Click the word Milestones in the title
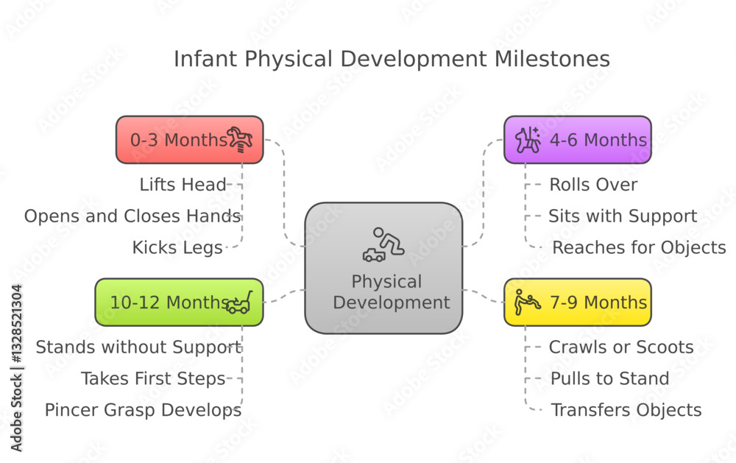click(x=552, y=59)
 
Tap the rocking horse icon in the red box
click(x=240, y=140)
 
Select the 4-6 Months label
click(x=598, y=140)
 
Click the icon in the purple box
click(x=528, y=140)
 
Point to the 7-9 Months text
click(x=598, y=303)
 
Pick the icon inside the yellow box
click(x=528, y=302)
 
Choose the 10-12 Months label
click(x=169, y=303)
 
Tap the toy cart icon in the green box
click(x=239, y=303)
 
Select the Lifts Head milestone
click(x=183, y=185)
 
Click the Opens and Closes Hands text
click(x=132, y=216)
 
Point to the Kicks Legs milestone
click(x=177, y=248)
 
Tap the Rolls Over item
click(x=593, y=185)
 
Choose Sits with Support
click(x=623, y=216)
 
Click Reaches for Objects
click(x=639, y=248)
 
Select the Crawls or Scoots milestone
click(x=621, y=347)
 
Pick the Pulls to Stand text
click(x=609, y=378)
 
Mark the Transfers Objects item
click(x=626, y=411)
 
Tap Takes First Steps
click(x=154, y=378)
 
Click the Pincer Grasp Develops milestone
click(x=144, y=411)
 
